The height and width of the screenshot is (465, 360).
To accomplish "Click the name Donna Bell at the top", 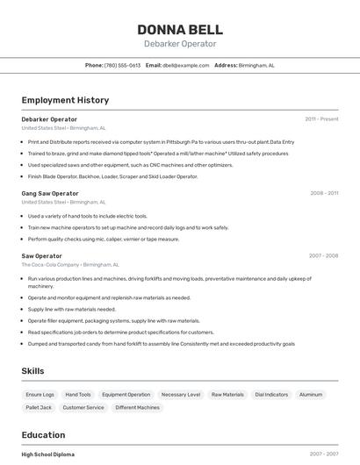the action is click(180, 29).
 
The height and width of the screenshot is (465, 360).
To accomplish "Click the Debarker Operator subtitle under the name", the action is click(180, 44).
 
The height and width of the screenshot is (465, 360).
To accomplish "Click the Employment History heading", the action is click(65, 100).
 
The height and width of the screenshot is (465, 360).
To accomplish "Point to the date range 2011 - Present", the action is click(321, 118).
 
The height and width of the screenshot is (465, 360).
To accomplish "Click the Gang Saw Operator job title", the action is click(50, 193).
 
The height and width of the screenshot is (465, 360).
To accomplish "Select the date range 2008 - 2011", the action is click(324, 193).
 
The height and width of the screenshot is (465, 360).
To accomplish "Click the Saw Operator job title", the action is click(42, 255).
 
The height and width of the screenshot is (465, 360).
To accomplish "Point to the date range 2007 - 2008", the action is click(323, 256).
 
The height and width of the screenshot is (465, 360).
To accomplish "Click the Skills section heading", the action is click(33, 371).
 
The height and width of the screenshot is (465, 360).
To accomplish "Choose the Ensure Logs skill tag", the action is click(40, 395).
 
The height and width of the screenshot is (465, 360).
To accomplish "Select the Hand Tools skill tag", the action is click(78, 395).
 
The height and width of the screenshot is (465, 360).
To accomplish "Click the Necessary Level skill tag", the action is click(181, 395).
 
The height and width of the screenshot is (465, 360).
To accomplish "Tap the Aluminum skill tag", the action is click(311, 395).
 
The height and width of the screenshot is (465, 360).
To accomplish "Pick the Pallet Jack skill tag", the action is click(39, 407).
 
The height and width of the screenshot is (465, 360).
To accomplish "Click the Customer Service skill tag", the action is click(83, 407).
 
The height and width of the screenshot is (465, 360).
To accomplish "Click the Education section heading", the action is click(43, 434).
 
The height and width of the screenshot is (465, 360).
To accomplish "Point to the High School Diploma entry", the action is click(48, 454).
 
